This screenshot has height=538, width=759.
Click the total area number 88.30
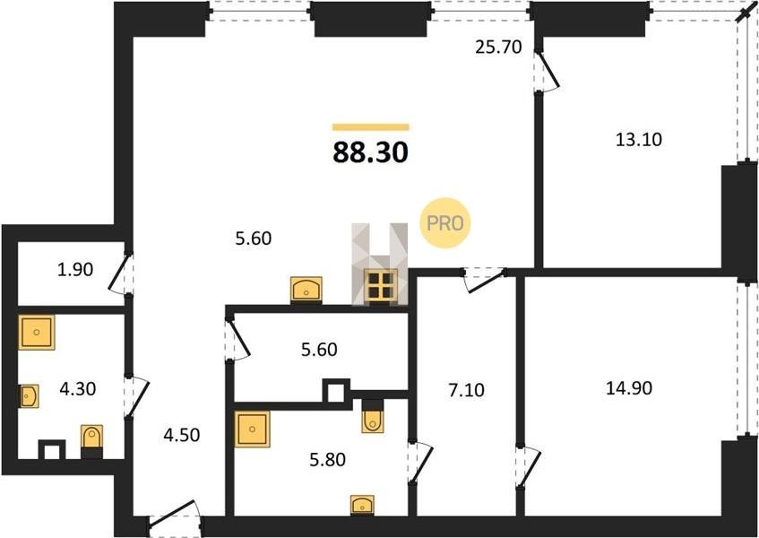(x=370, y=152)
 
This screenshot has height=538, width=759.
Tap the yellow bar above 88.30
(x=370, y=127)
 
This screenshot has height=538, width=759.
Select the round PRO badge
(x=444, y=223)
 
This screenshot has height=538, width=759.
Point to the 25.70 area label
(x=498, y=48)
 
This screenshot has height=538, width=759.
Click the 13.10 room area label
(x=638, y=140)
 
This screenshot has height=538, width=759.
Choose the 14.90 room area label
(x=629, y=388)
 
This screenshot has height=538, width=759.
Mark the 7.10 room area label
(x=466, y=390)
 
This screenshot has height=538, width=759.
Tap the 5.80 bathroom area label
(x=328, y=460)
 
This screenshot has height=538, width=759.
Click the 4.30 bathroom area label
(x=77, y=388)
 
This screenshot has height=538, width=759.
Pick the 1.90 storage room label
(x=75, y=269)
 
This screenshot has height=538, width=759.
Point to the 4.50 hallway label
(x=182, y=435)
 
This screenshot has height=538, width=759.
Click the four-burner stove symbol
(x=381, y=285)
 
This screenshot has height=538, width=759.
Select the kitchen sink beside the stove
(x=306, y=290)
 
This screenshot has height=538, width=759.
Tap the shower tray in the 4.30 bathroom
(x=37, y=332)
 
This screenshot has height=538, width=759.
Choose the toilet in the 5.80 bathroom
(x=372, y=416)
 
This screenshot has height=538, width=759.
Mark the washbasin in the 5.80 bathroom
(x=362, y=505)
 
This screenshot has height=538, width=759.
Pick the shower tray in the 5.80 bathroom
(x=252, y=429)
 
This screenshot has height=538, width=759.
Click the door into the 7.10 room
(x=484, y=280)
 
